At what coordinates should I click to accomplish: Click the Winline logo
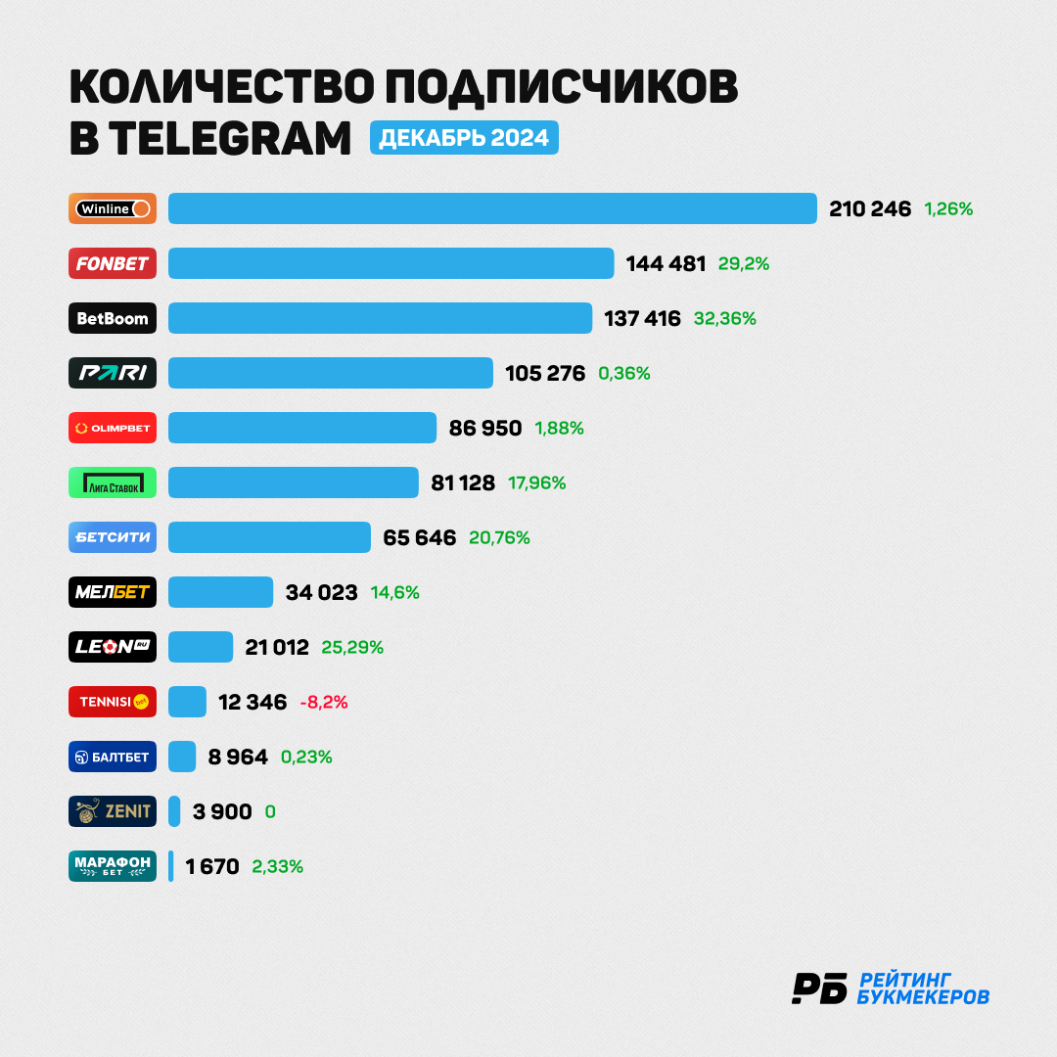113,208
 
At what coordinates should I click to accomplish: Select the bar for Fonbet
391,263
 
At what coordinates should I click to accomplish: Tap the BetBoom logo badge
113,318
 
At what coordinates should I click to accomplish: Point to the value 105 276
545,373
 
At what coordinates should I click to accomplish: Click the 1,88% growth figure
559,428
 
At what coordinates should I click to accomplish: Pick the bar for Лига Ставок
294,483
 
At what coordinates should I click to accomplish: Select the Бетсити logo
113,537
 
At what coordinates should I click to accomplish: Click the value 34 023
322,592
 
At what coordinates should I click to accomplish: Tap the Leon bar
201,647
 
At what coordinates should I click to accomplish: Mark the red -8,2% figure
324,703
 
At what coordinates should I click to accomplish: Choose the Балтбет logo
113,757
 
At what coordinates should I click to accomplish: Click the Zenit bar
174,811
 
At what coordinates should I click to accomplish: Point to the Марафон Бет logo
113,866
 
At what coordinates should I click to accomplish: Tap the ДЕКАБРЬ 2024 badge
464,138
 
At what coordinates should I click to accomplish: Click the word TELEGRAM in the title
230,138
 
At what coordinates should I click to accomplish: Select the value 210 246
870,209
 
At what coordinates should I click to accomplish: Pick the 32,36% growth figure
724,318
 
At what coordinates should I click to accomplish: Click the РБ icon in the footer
820,988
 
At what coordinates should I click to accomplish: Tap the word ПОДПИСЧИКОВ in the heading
562,86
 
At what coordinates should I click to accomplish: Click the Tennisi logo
113,702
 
